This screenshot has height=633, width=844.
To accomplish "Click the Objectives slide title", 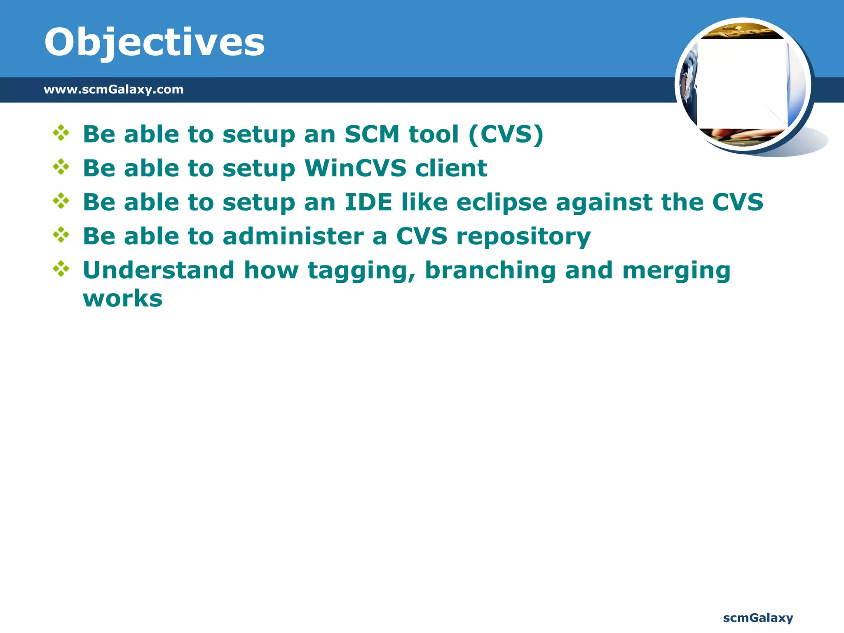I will click(154, 43).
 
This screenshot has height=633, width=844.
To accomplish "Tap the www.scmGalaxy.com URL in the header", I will click(113, 89).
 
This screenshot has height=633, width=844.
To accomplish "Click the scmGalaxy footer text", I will click(758, 618).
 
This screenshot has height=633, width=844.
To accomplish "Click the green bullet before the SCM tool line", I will click(61, 133).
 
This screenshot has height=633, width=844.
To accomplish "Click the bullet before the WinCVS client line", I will click(61, 167).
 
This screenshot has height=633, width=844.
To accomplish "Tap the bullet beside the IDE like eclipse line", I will click(61, 201).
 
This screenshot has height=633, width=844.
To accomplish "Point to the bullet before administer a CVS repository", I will click(61, 235).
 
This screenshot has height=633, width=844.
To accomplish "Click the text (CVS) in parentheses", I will click(506, 134).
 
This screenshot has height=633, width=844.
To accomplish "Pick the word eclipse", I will click(501, 203).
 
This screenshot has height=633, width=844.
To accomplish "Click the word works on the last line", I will click(122, 299).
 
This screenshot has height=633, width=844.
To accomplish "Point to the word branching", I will click(490, 271).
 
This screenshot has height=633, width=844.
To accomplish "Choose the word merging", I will click(676, 271).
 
